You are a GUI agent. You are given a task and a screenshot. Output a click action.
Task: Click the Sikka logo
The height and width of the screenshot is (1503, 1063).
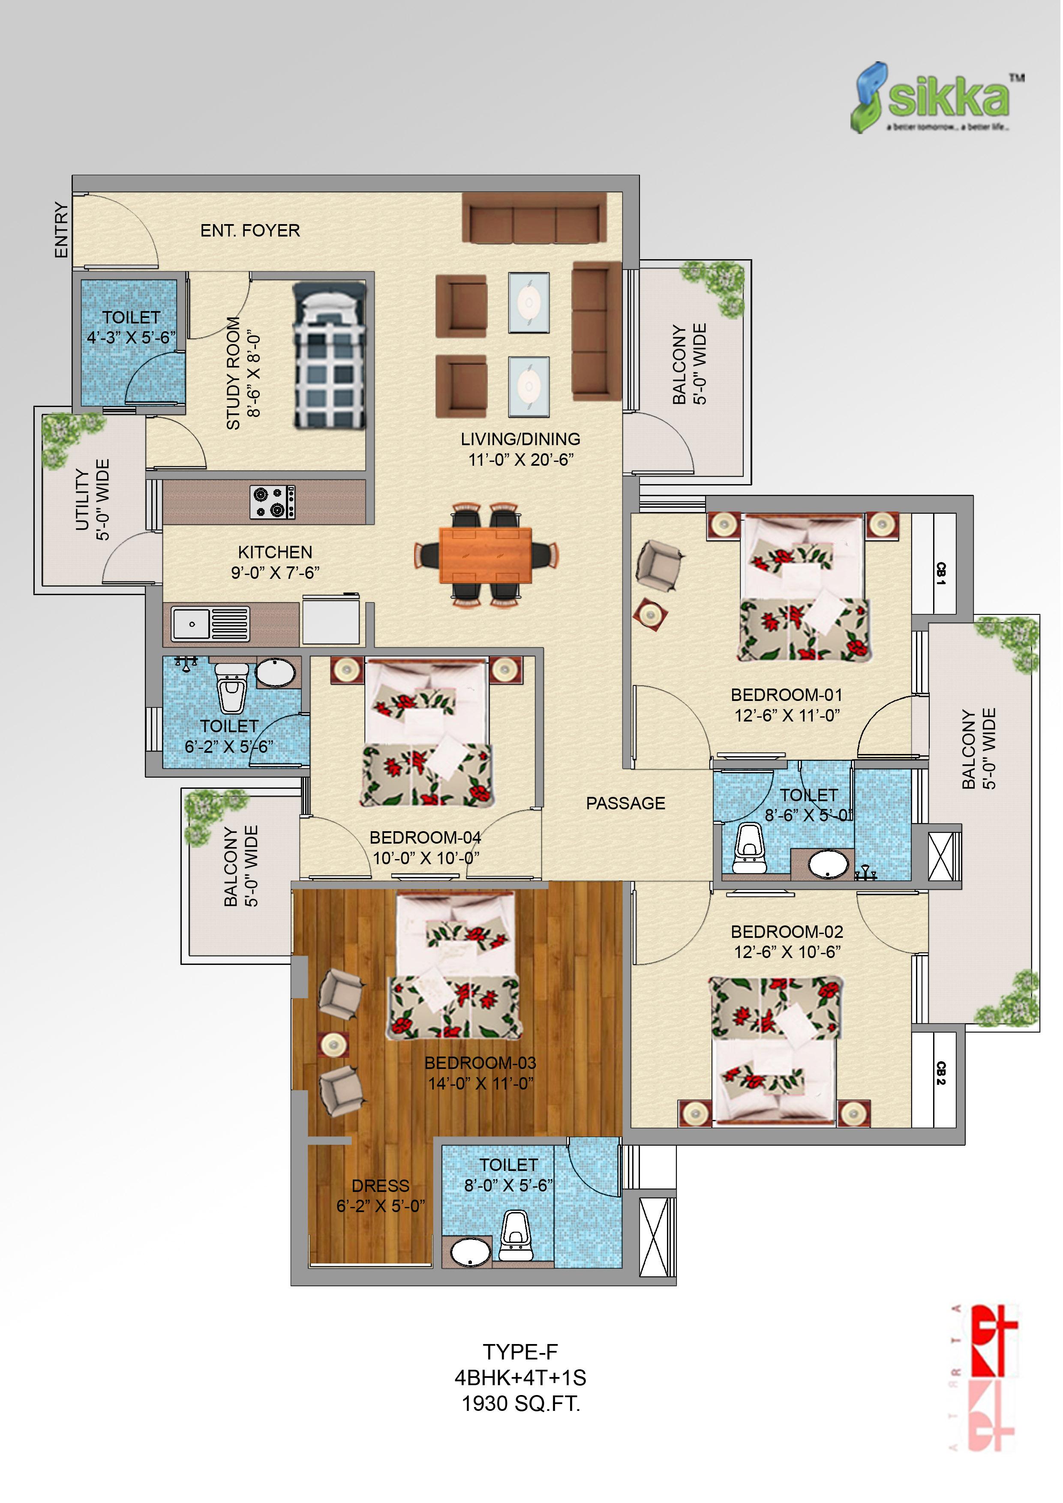pyautogui.click(x=937, y=98)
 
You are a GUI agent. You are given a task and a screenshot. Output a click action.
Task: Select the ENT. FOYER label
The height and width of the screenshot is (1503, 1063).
pyautogui.click(x=250, y=231)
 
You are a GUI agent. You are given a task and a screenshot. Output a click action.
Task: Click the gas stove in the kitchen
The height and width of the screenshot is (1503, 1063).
pyautogui.click(x=273, y=502)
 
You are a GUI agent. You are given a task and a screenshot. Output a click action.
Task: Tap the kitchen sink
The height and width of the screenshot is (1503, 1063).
pyautogui.click(x=210, y=624)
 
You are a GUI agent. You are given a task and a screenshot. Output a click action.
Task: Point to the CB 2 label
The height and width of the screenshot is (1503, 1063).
pyautogui.click(x=941, y=1072)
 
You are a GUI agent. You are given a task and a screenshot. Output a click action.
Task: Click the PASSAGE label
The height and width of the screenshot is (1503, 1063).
pyautogui.click(x=625, y=803)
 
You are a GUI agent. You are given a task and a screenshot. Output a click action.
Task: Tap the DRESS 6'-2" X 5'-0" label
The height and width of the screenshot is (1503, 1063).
pyautogui.click(x=381, y=1195)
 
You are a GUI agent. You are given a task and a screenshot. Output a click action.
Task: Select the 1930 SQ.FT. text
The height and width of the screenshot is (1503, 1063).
pyautogui.click(x=521, y=1404)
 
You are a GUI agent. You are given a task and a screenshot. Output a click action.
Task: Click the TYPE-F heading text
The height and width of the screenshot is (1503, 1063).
pyautogui.click(x=521, y=1352)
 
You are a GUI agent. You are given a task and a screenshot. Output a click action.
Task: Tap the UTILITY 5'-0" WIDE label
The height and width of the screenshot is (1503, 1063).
pyautogui.click(x=92, y=500)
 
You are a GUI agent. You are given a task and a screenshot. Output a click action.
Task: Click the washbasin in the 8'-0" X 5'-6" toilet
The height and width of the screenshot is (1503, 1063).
pyautogui.click(x=470, y=1252)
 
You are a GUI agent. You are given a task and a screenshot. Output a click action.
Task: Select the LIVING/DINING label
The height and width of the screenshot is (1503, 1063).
pyautogui.click(x=521, y=439)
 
